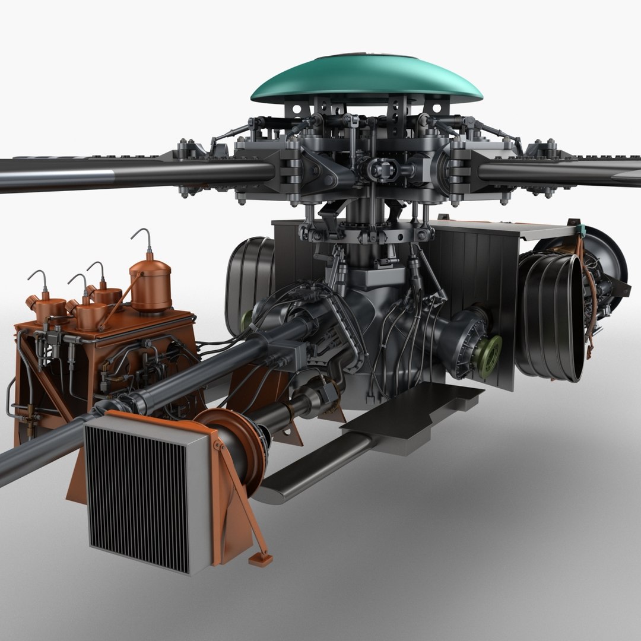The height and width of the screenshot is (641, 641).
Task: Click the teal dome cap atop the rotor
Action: pyautogui.click(x=367, y=80)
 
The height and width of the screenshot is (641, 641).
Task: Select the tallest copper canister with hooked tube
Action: pyautogui.click(x=150, y=287)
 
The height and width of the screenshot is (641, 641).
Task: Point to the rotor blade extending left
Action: pyautogui.click(x=119, y=173)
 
